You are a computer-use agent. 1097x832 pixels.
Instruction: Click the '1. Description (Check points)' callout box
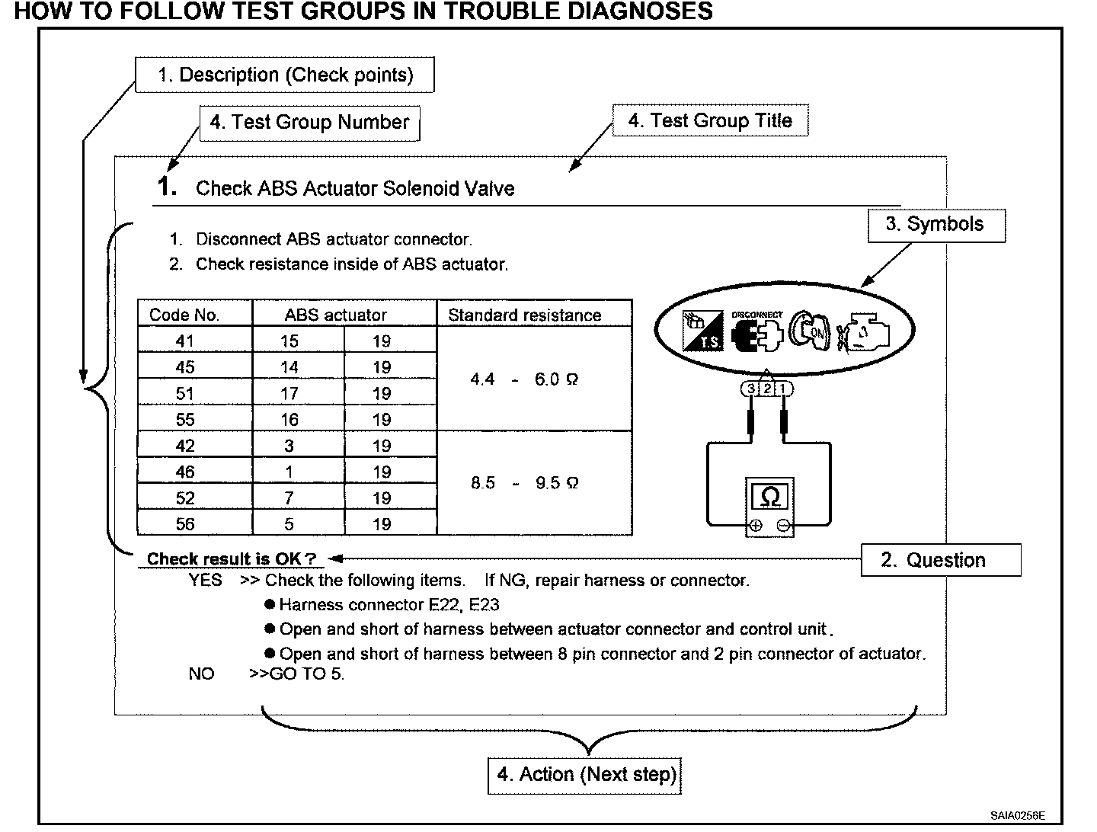click(x=284, y=75)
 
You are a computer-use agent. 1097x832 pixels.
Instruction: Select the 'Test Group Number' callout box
click(x=309, y=122)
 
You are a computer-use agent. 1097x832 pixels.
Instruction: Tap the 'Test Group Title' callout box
click(x=710, y=120)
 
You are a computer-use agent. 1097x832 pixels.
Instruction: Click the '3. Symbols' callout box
click(x=935, y=225)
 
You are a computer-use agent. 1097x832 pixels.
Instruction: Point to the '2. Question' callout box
click(x=940, y=560)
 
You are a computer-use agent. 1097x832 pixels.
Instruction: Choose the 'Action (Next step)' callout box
click(x=585, y=775)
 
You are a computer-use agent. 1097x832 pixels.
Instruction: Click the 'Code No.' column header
click(x=184, y=315)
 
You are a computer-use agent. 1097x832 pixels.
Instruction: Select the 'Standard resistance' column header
click(x=525, y=315)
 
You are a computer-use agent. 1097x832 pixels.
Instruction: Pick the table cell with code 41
click(x=185, y=341)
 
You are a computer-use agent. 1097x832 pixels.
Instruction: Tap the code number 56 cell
click(x=185, y=524)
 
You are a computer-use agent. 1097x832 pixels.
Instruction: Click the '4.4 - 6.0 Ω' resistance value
click(x=525, y=379)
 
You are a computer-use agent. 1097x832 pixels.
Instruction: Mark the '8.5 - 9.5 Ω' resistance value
click(x=525, y=483)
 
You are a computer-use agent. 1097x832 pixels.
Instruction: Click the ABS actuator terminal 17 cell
click(x=289, y=394)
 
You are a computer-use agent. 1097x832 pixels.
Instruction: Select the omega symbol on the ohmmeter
click(x=769, y=498)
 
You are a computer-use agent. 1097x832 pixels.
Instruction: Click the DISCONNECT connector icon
click(x=756, y=331)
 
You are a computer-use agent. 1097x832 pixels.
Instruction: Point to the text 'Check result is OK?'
click(x=231, y=558)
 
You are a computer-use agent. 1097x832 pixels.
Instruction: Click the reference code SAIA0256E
click(x=1018, y=814)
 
